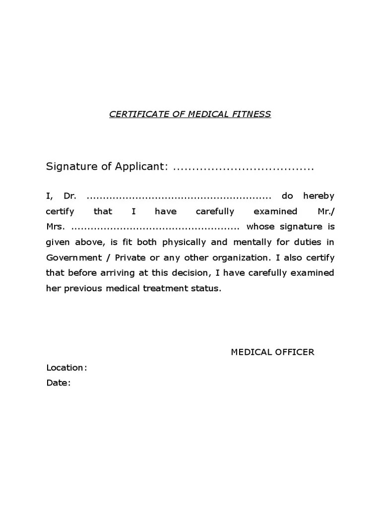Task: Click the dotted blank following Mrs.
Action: [155, 228]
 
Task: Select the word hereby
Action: [318, 196]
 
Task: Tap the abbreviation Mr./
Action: [325, 211]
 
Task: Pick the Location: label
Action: [66, 368]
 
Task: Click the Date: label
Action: [59, 383]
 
